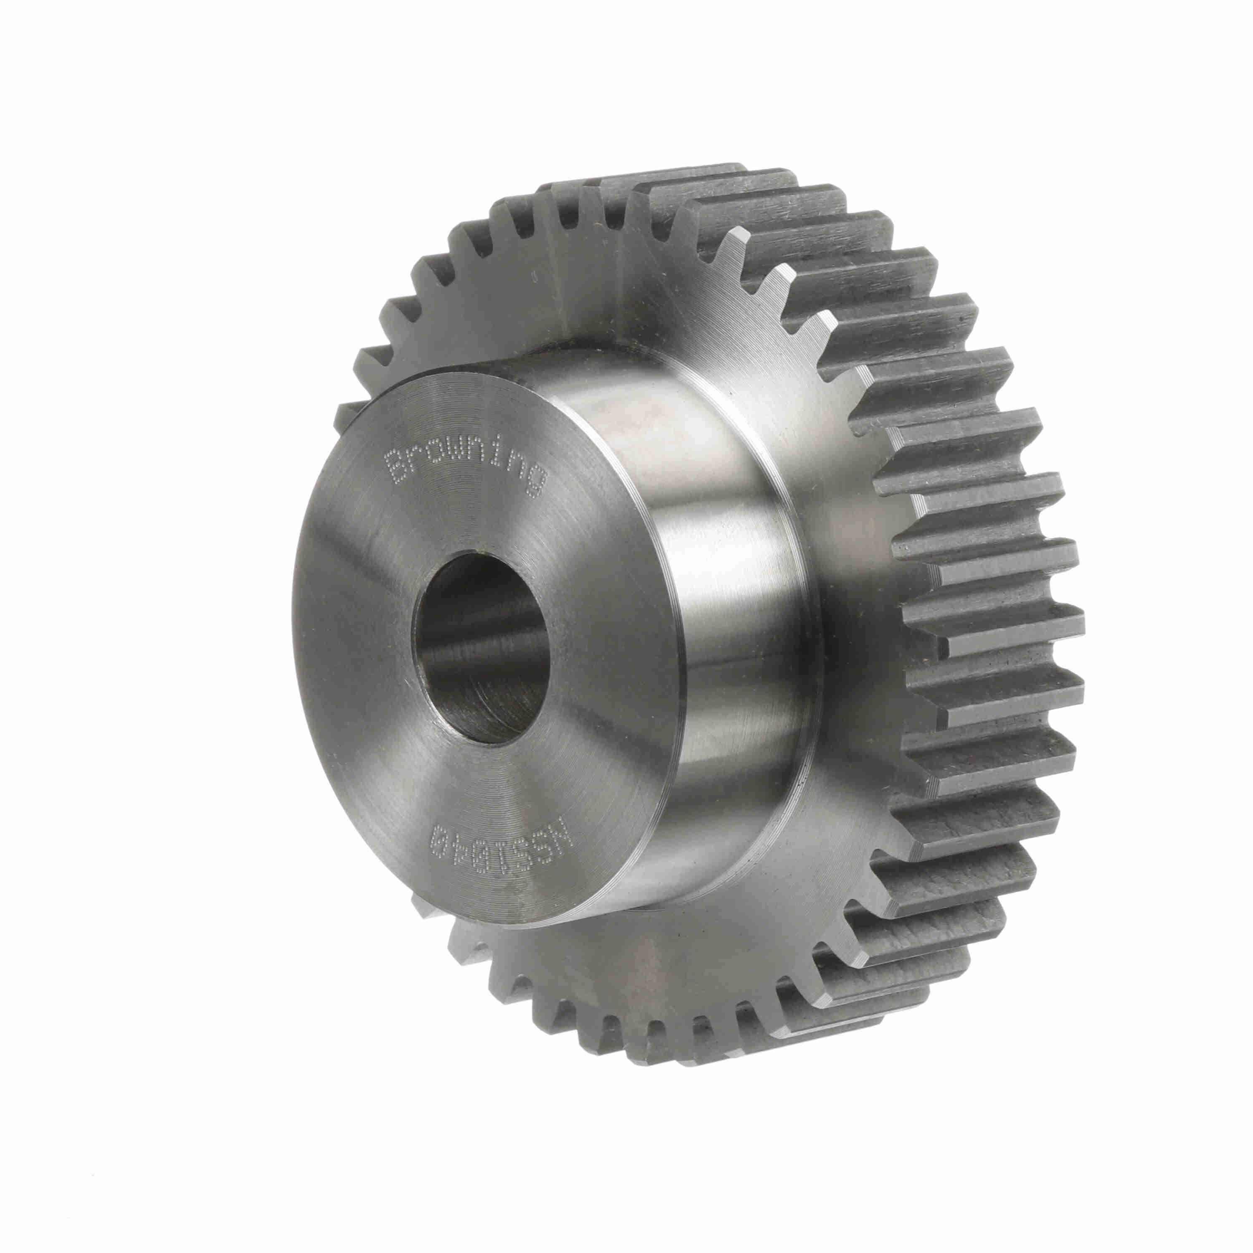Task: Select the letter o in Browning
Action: (x=436, y=458)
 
